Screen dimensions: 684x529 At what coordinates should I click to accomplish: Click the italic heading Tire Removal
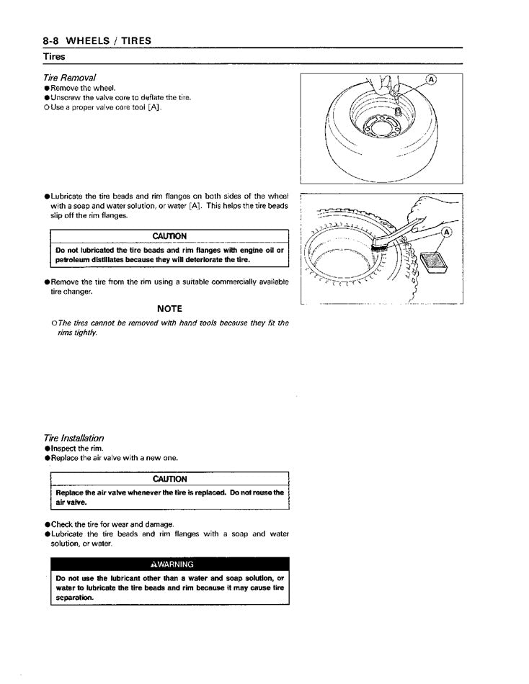(70, 77)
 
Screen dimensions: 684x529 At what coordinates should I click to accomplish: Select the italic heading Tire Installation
(74, 438)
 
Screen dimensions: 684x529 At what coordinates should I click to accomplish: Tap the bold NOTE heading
(169, 308)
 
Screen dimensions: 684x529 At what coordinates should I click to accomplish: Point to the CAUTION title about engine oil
(169, 236)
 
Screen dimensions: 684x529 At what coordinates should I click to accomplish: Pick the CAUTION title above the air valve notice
(169, 479)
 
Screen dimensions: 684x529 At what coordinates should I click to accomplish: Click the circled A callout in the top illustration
(432, 80)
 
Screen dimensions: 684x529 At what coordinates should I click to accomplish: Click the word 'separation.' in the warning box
(74, 598)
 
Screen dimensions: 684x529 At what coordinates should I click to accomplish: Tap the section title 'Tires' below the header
(53, 56)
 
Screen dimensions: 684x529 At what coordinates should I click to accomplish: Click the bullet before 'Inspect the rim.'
(47, 449)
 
